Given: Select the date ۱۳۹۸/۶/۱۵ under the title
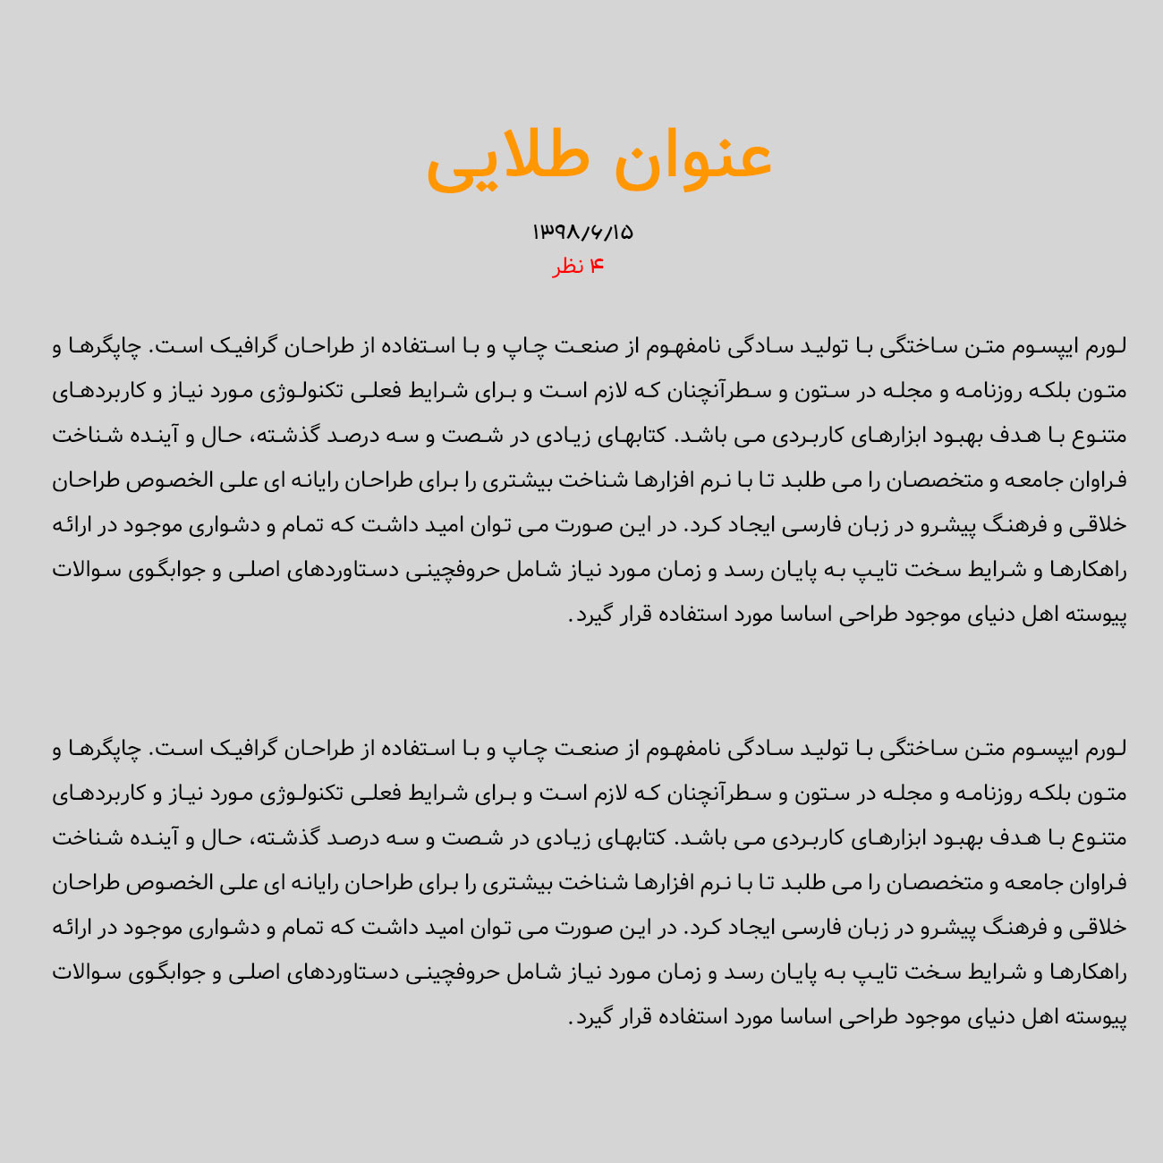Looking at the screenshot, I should click(582, 233).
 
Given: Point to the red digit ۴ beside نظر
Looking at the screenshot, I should click(597, 267).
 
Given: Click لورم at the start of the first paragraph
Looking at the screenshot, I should click(1107, 346).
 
